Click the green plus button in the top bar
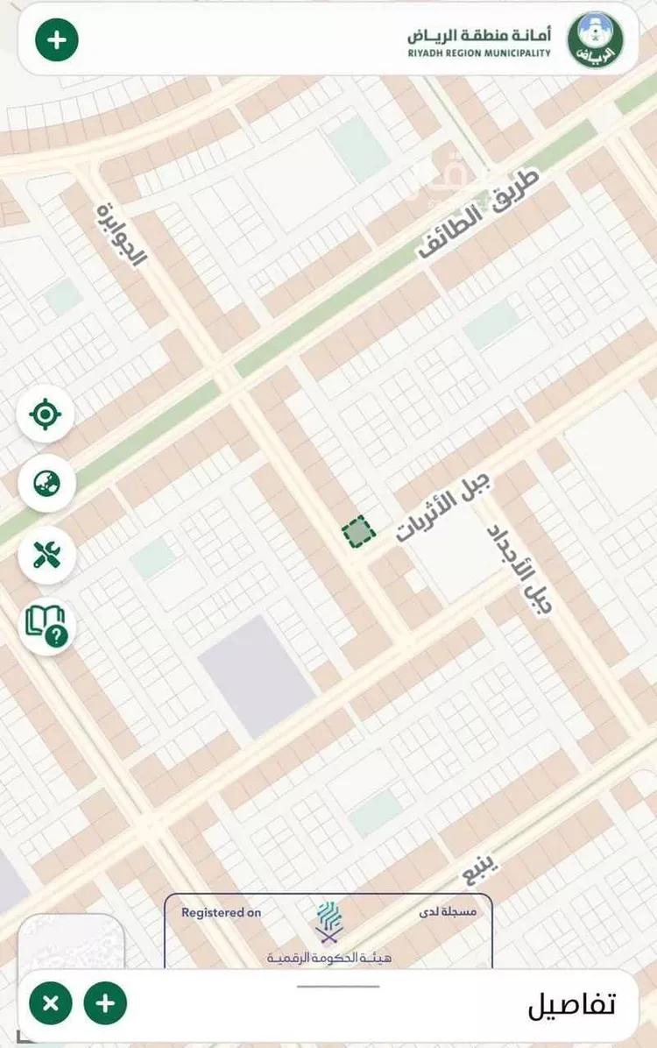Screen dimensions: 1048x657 pos(57,39)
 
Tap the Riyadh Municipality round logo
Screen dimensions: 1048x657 pos(596,39)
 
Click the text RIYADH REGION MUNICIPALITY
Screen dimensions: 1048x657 pos(479,53)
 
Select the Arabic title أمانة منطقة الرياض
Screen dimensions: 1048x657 pos(479,35)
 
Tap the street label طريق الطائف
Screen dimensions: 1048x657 pos(477,215)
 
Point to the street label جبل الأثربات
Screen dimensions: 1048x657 pos(444,507)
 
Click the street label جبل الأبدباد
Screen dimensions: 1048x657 pos(520,568)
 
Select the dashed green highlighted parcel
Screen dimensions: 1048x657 pos(357,532)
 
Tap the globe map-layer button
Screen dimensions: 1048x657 pos(46,484)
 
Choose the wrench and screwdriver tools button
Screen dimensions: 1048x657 pos(46,554)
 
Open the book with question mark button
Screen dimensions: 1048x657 pos(46,625)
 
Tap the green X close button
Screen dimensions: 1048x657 pos(51,1003)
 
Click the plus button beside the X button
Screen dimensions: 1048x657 pos(105,1003)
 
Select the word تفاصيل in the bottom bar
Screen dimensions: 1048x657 pos(571,1005)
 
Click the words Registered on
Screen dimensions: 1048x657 pos(221,913)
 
